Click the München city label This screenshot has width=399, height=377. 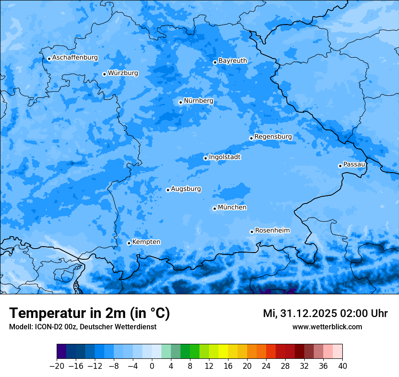click(x=232, y=208)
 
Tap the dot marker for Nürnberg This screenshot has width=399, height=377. click(x=180, y=102)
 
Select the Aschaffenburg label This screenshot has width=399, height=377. click(x=75, y=58)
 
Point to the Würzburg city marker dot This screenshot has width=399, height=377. click(x=104, y=74)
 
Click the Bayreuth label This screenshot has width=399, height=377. click(x=233, y=61)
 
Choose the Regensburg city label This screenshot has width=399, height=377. click(x=273, y=137)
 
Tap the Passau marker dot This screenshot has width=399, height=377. click(x=340, y=166)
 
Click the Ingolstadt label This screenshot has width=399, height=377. click(x=224, y=157)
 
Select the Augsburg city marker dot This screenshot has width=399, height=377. click(x=168, y=190)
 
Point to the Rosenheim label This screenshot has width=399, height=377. click(x=272, y=231)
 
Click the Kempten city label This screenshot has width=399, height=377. click(x=146, y=242)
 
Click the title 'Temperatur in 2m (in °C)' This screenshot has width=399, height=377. click(x=89, y=313)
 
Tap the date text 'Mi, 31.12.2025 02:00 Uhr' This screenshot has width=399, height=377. click(x=325, y=313)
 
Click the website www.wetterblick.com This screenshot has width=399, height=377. click(x=327, y=327)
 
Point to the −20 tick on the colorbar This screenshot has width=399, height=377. click(x=57, y=366)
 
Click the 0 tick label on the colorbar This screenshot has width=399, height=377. click(x=152, y=366)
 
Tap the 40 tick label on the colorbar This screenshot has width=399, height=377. click(x=342, y=366)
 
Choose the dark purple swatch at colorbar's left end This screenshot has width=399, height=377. click(x=62, y=352)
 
